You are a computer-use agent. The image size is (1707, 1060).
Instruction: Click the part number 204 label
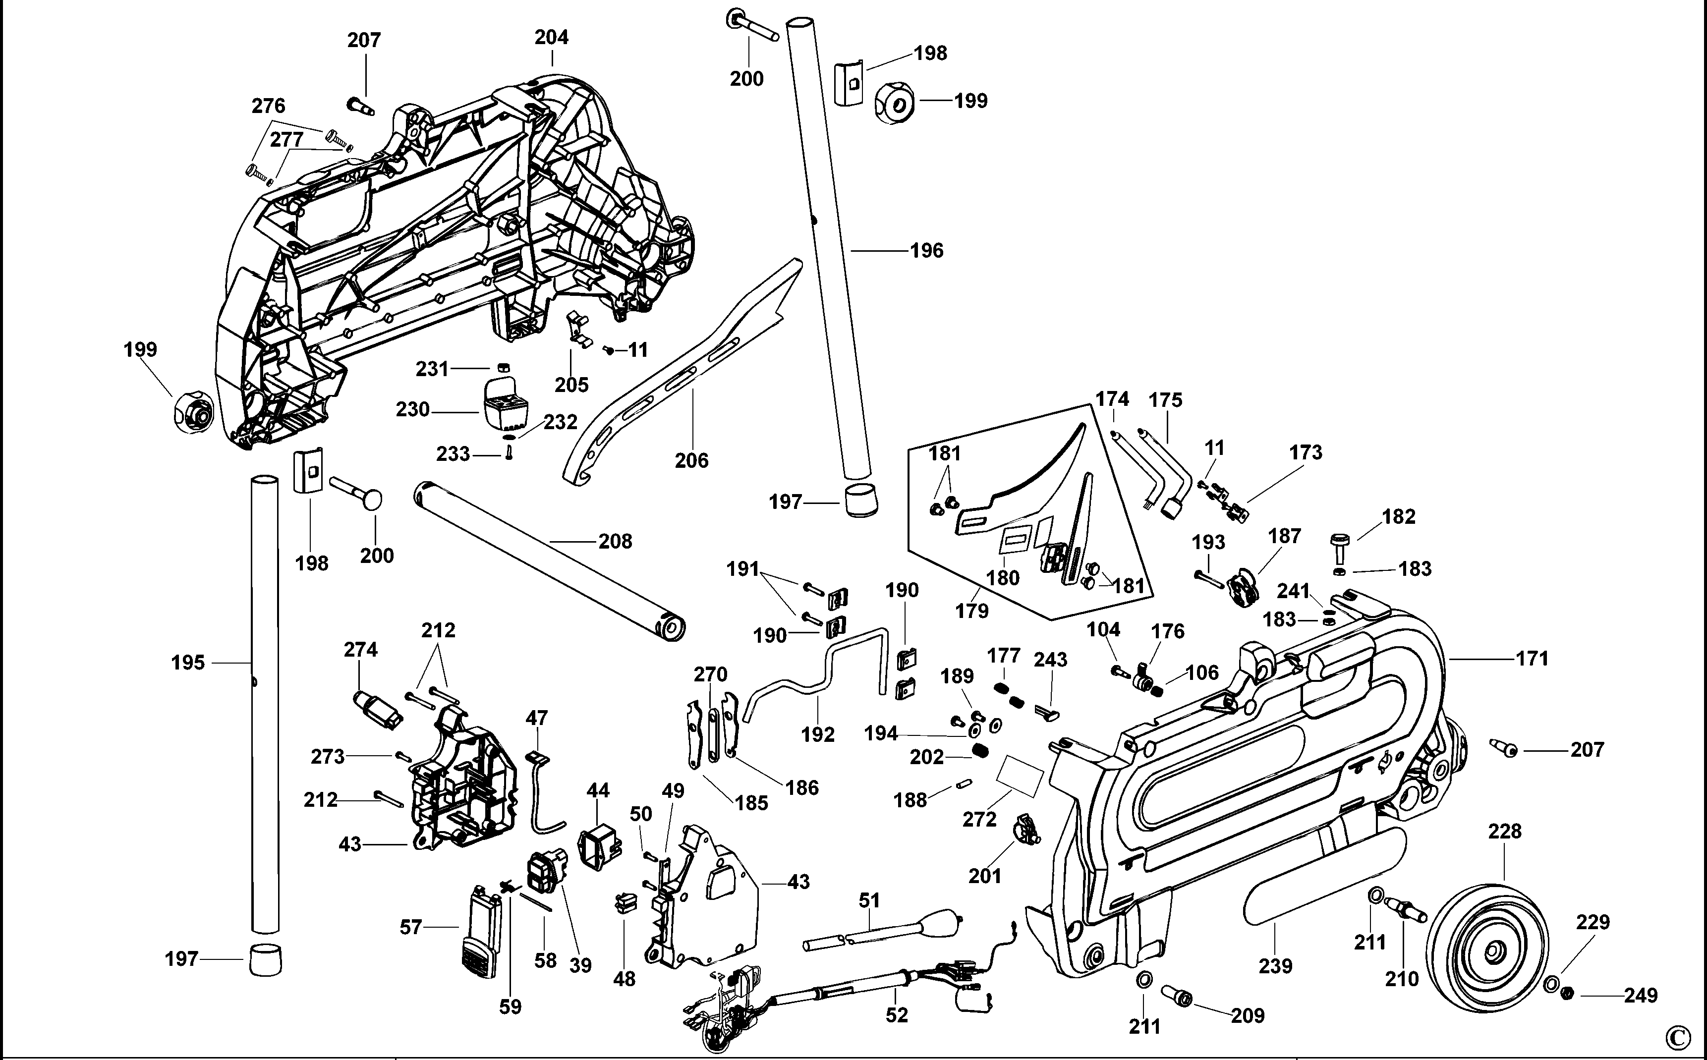[552, 37]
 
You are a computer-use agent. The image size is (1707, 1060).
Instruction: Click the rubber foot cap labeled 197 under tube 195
[265, 959]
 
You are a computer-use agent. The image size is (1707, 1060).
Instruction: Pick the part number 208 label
[615, 541]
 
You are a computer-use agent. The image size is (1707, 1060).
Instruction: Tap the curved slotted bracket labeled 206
[673, 379]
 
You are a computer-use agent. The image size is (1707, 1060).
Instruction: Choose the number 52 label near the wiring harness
[897, 1014]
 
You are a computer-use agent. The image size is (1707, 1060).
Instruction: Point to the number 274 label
[360, 650]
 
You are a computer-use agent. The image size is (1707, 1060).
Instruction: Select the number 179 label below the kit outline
[971, 611]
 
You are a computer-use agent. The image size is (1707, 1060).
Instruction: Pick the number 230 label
[412, 409]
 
